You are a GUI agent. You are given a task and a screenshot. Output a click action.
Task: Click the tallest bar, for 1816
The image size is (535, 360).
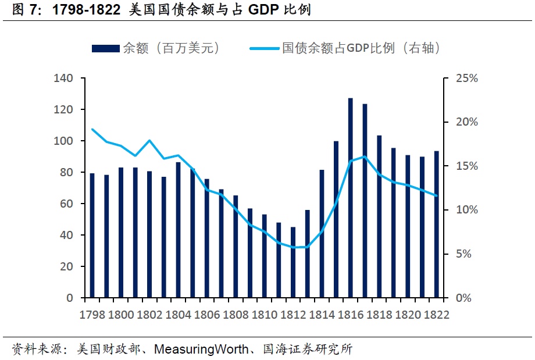pos(351,198)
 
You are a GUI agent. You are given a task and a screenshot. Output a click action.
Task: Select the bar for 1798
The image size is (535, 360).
pos(92,236)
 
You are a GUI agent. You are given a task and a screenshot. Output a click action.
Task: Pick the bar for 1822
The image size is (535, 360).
pos(437,224)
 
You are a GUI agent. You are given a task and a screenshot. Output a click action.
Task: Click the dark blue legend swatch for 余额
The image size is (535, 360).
pos(106,49)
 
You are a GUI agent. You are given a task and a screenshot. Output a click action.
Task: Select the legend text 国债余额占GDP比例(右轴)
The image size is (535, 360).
pos(361,49)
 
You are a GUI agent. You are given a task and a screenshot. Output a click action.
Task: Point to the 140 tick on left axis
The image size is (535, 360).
pos(63,79)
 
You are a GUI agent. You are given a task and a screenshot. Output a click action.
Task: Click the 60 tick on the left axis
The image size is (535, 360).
pos(66,204)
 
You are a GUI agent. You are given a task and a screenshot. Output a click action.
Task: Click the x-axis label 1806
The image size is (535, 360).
pos(207,315)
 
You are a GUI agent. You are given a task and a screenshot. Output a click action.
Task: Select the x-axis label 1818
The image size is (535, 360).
pos(380,315)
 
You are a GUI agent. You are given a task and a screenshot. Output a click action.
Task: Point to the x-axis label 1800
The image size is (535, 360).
pos(121,315)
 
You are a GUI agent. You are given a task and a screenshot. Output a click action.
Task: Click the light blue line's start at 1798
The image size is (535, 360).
pos(92,129)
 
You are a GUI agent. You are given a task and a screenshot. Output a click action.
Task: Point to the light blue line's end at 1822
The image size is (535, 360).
pos(437,196)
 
